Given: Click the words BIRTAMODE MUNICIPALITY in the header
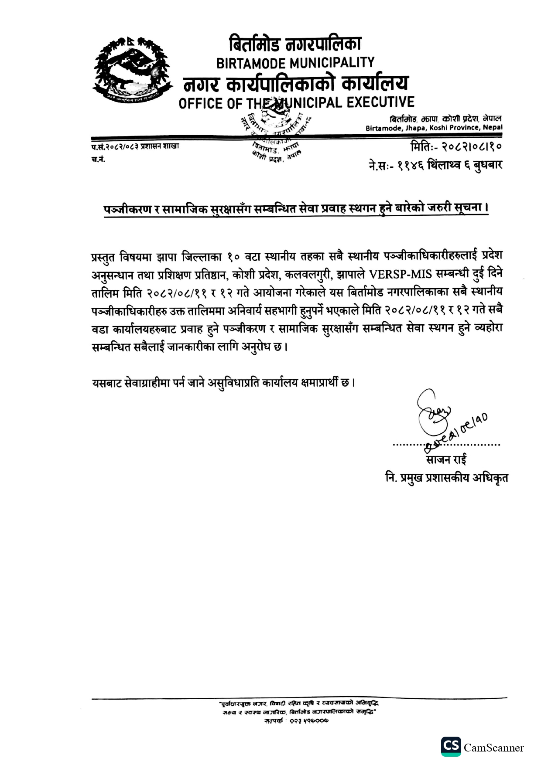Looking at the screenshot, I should pos(295,63).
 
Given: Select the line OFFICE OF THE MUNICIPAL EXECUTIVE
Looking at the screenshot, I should pos(296,103).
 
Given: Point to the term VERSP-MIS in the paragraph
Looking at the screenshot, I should pos(400,275).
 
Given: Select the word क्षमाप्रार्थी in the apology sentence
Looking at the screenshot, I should pos(323,383).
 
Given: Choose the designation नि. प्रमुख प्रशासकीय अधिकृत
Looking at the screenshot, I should pos(446,478).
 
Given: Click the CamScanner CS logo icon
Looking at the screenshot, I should pos(450,747).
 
